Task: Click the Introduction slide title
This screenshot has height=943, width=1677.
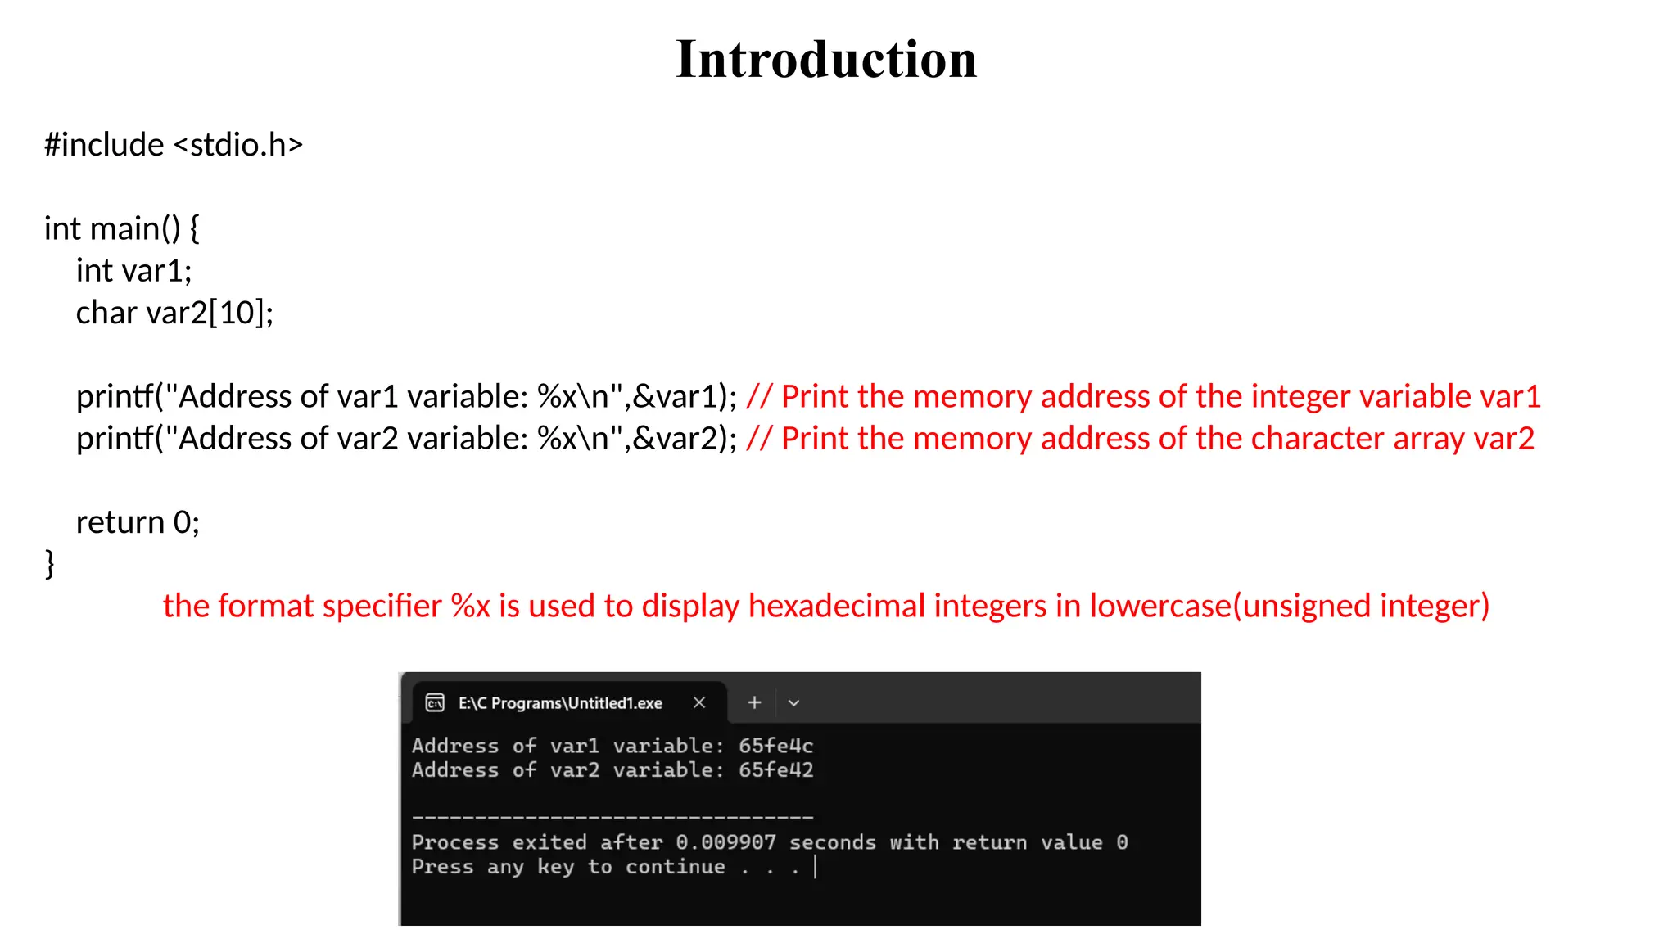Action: (826, 60)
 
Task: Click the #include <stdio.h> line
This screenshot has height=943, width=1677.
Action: (174, 145)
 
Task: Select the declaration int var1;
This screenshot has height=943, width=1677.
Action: (133, 271)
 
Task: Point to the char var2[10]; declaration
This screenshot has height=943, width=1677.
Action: (174, 313)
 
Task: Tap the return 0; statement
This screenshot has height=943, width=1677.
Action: (138, 522)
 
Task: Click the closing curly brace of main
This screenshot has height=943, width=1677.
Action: (50, 564)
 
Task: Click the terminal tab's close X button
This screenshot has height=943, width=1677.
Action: (699, 702)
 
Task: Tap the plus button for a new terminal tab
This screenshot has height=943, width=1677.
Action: (754, 702)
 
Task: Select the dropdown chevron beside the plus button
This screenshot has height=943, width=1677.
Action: (793, 702)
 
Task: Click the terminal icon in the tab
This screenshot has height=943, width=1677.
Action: (435, 702)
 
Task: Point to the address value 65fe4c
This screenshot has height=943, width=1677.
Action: (775, 746)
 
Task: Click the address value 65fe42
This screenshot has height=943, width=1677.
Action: (775, 770)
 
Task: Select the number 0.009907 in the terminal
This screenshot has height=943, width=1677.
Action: (725, 842)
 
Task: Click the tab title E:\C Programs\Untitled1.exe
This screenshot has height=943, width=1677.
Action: (560, 703)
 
